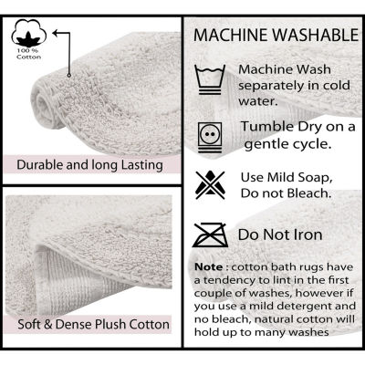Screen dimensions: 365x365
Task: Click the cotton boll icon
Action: (29, 33)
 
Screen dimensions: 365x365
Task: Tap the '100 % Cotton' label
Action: (29, 54)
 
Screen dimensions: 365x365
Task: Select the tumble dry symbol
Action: (210, 137)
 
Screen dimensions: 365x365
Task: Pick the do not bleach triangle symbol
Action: (210, 185)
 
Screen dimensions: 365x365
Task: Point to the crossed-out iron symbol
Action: (211, 235)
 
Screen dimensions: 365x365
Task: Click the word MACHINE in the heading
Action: (231, 35)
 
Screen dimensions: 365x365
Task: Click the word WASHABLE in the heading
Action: (316, 35)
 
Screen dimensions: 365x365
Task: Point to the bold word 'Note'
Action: (209, 267)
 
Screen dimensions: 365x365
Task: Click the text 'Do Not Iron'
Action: (280, 235)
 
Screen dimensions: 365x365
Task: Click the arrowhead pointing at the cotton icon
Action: (56, 33)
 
